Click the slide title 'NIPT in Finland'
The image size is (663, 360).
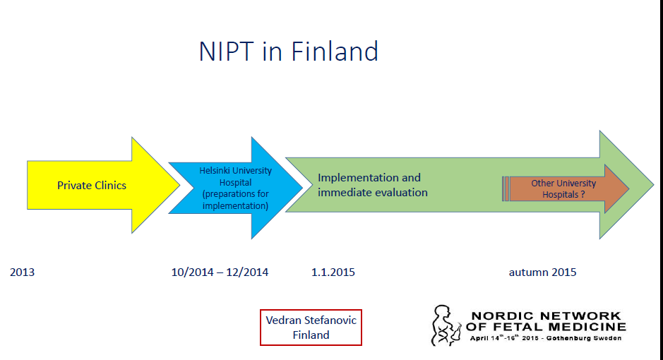pos(288,52)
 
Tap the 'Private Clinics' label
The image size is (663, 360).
pos(92,186)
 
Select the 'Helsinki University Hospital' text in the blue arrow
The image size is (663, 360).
pos(236,176)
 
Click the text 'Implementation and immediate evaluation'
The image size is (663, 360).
pos(373,185)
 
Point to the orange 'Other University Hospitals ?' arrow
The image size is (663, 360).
pos(566,189)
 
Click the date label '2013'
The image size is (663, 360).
pos(22,272)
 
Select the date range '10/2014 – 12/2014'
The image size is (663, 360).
pos(220,272)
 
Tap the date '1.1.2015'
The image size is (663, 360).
pos(333,272)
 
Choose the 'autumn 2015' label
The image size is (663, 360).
pos(542,272)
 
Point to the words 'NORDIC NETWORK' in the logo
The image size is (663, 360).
pos(546,316)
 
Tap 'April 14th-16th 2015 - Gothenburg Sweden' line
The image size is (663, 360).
pos(546,337)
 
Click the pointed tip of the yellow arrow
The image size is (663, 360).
pos(180,185)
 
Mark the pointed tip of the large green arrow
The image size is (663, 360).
pos(653,185)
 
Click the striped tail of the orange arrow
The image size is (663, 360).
pos(506,189)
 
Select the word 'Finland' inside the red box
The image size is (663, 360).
pos(311,335)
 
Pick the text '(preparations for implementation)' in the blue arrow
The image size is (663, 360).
pos(236,200)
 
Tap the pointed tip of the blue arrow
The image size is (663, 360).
pos(302,187)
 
